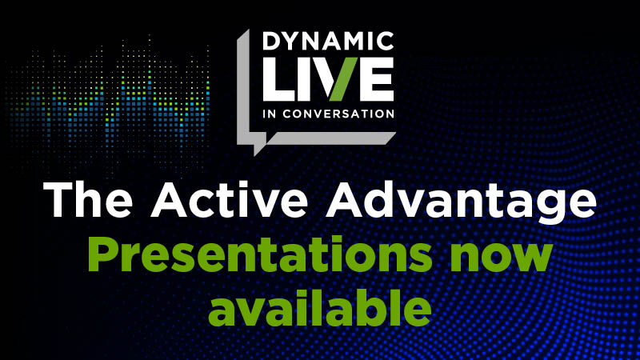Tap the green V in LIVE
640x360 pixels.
pos(336,78)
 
